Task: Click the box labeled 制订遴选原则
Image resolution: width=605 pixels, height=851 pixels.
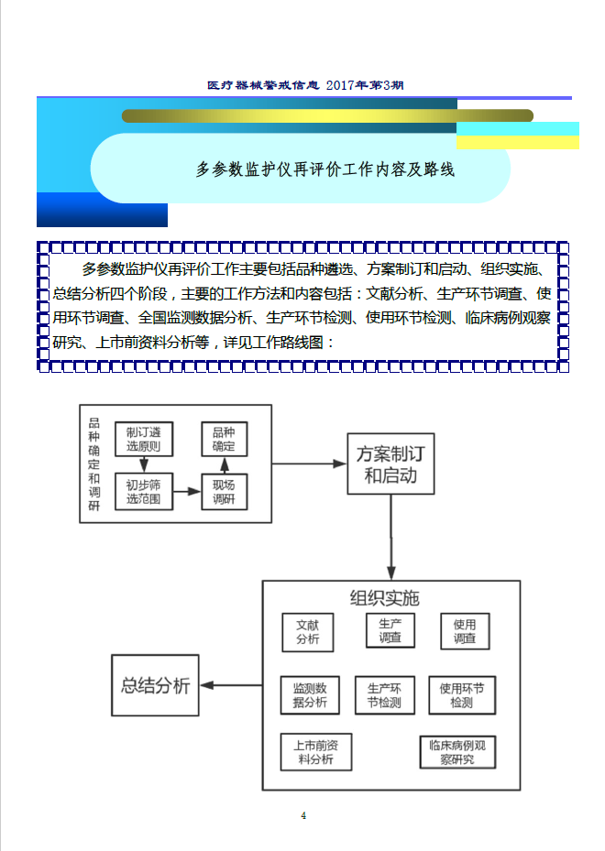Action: pos(144,439)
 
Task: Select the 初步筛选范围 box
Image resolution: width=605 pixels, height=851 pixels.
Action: pos(144,492)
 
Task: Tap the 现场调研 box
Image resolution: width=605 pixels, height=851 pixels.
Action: pos(224,492)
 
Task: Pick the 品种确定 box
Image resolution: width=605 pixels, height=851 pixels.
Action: pos(224,439)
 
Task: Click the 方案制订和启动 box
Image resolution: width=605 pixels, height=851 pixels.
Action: pos(390,464)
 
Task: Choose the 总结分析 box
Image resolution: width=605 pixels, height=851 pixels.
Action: pos(155,685)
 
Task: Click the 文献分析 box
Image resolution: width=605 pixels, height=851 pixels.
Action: pos(308,632)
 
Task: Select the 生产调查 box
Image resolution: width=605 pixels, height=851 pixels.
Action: pos(390,630)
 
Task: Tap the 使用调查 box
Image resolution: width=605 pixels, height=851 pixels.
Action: pos(465,631)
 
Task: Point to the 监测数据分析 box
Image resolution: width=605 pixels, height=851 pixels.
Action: pos(310,695)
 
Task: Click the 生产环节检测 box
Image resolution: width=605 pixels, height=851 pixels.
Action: pos(384,695)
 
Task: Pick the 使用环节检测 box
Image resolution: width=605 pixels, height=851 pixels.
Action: pos(462,695)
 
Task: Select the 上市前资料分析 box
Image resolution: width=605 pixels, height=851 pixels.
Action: pos(316,752)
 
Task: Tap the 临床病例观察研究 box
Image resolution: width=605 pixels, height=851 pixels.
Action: pos(457,752)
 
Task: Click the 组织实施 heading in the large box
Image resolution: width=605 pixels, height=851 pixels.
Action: pos(384,598)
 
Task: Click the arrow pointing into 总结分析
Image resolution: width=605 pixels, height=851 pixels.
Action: pos(231,685)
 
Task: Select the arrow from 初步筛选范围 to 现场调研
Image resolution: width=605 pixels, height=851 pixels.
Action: pos(187,491)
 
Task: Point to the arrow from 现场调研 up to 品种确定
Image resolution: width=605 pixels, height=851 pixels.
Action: pos(225,465)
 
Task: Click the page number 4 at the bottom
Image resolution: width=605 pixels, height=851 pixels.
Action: pos(303,815)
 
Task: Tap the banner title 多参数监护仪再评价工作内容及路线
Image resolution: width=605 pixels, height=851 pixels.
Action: pos(324,169)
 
